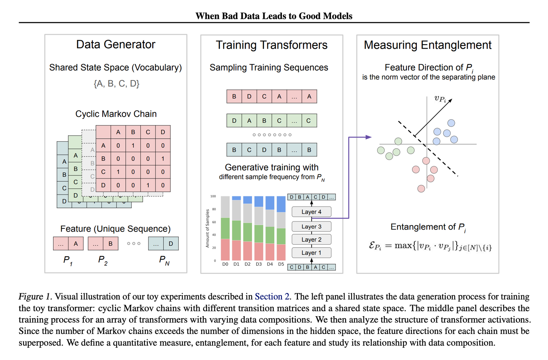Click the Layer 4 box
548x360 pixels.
pyautogui.click(x=311, y=212)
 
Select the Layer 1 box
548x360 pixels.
pyautogui.click(x=311, y=252)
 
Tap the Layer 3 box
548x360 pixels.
pyautogui.click(x=311, y=226)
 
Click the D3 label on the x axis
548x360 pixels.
pyautogui.click(x=259, y=264)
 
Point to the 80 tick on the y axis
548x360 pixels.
pyautogui.click(x=214, y=209)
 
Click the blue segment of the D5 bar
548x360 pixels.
pyautogui.click(x=281, y=204)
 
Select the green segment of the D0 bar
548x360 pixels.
pyautogui.click(x=225, y=228)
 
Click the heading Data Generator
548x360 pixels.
pyautogui.click(x=116, y=45)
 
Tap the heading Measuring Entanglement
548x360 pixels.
pyautogui.click(x=428, y=45)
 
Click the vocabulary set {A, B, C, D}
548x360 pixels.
pyautogui.click(x=116, y=84)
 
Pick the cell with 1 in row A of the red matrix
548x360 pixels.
pyautogui.click(x=133, y=146)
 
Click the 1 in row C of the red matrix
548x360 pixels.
pyautogui.click(x=118, y=172)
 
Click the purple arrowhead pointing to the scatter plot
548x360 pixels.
pyautogui.click(x=369, y=137)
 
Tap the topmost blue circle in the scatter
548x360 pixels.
pyautogui.click(x=451, y=123)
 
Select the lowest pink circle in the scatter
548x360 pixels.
pyautogui.click(x=421, y=189)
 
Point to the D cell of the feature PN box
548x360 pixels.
pyautogui.click(x=171, y=244)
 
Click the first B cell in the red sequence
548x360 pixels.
pyautogui.click(x=234, y=97)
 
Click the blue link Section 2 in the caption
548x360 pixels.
pyautogui.click(x=272, y=297)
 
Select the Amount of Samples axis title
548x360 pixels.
pyautogui.click(x=208, y=228)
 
